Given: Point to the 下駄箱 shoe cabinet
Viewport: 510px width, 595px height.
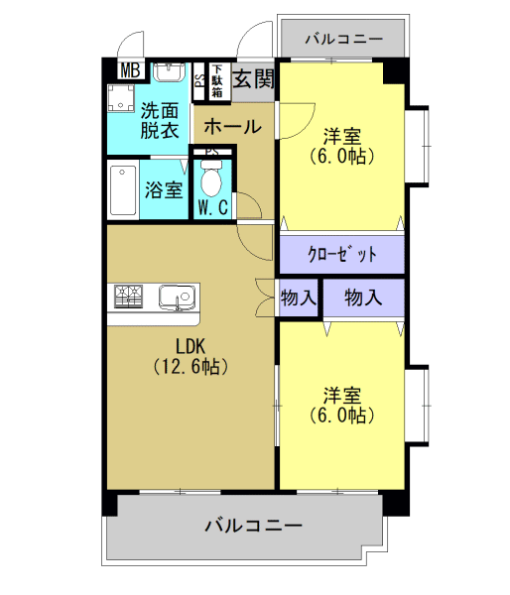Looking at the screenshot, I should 216,81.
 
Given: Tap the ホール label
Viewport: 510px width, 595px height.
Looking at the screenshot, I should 233,127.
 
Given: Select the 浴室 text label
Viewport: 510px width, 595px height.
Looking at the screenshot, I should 163,187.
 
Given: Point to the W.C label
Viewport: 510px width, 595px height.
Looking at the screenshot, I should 212,208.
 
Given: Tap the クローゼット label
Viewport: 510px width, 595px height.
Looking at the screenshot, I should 342,254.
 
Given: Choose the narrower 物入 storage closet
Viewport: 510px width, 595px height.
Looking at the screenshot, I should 299,297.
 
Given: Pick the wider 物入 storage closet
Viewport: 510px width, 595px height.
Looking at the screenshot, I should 363,297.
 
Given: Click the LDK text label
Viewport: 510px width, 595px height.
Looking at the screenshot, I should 191,346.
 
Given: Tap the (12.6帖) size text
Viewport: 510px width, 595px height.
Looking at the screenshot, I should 191,367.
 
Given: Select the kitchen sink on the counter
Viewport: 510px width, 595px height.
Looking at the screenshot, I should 177,296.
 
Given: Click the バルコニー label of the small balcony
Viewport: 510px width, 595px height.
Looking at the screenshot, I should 342,41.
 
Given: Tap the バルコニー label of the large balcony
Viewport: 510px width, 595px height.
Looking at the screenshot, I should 252,525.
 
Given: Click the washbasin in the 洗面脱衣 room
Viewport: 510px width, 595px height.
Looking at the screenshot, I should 168,71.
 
